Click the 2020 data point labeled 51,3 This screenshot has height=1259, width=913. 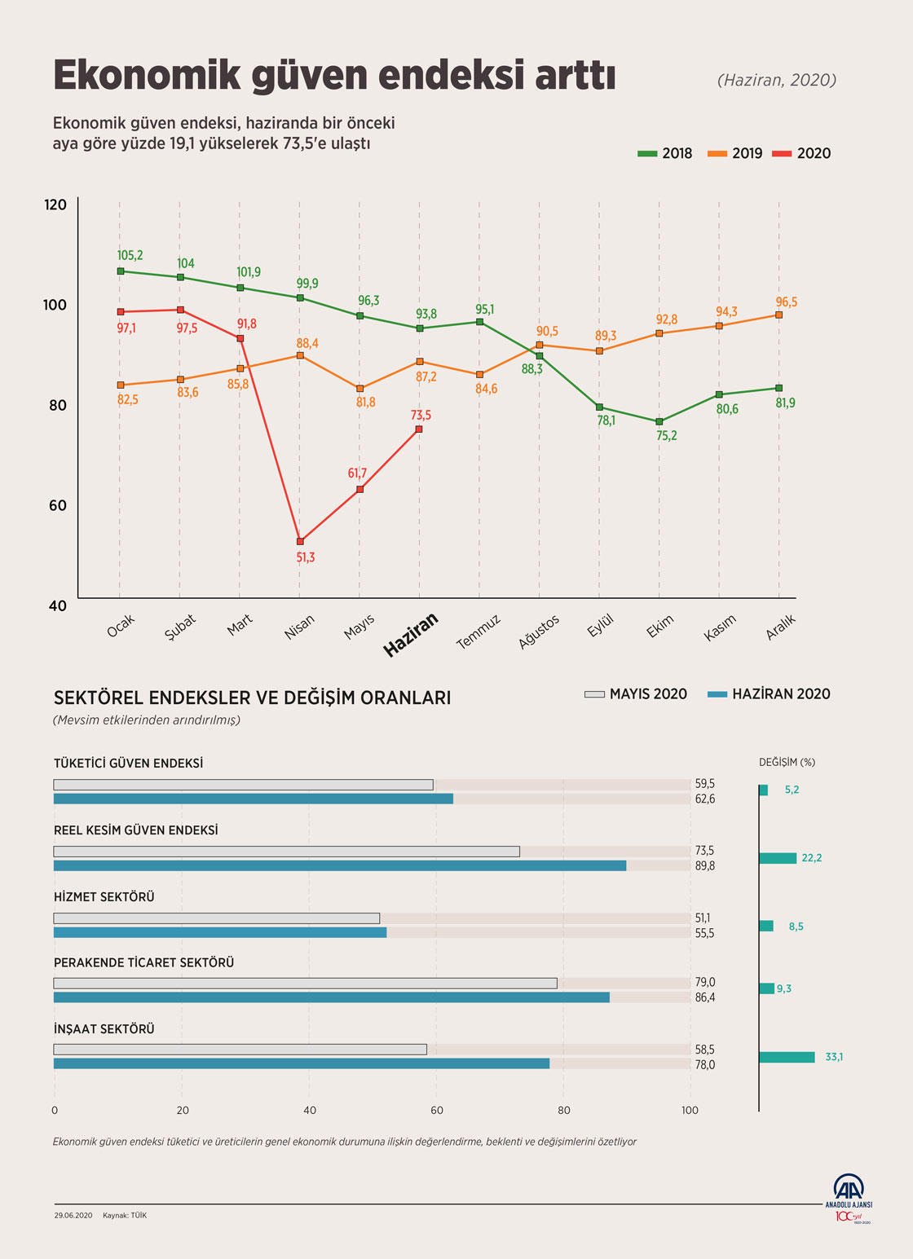tap(300, 541)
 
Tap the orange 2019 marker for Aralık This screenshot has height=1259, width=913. tap(778, 315)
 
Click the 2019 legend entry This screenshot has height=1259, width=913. tap(735, 153)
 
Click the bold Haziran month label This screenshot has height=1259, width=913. tap(411, 635)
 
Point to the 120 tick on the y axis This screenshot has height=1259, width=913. tap(55, 205)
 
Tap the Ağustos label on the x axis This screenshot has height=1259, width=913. tap(539, 632)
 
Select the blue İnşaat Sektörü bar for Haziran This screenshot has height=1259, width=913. tap(302, 1063)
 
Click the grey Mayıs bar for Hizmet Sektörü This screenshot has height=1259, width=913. tap(217, 918)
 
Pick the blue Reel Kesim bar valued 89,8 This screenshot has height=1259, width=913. tap(340, 865)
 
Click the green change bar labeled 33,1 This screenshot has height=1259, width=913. tap(787, 1057)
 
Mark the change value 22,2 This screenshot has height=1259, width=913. tap(811, 858)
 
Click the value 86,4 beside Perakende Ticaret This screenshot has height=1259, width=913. tap(704, 997)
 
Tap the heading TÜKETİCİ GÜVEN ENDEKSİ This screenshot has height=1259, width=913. tap(128, 764)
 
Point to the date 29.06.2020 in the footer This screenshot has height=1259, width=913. tap(73, 1215)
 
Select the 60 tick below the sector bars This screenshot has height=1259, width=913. tap(437, 1110)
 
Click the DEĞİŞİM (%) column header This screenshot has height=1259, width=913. tap(787, 763)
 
